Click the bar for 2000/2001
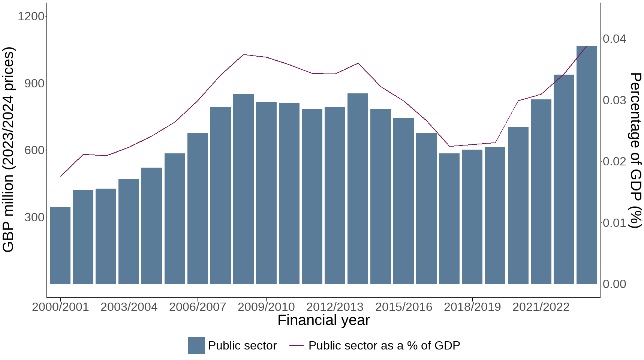(x=60, y=245)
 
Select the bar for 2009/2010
(x=266, y=193)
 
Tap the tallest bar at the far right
(x=587, y=165)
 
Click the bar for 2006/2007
(x=198, y=208)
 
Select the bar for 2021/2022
(x=541, y=191)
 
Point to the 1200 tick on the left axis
(x=31, y=16)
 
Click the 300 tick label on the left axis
(x=34, y=217)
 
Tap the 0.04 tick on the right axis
(x=614, y=39)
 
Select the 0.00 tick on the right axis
(x=614, y=284)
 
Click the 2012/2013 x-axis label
(x=335, y=307)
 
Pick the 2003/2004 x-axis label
(x=129, y=307)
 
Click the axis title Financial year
(x=323, y=320)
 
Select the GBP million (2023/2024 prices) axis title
(x=8, y=150)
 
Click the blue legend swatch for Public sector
(x=196, y=345)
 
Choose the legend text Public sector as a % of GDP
(x=384, y=345)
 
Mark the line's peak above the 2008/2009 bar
(x=244, y=55)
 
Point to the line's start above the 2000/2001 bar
(x=60, y=176)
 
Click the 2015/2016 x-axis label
(x=404, y=307)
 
